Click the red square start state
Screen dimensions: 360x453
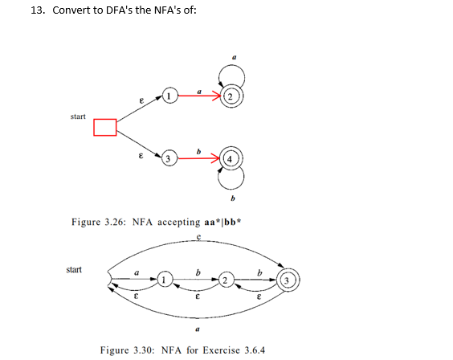click(x=105, y=127)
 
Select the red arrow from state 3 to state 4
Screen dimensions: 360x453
click(x=198, y=158)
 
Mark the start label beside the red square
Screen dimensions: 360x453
click(x=79, y=117)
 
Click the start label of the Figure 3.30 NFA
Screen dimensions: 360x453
click(x=73, y=269)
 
